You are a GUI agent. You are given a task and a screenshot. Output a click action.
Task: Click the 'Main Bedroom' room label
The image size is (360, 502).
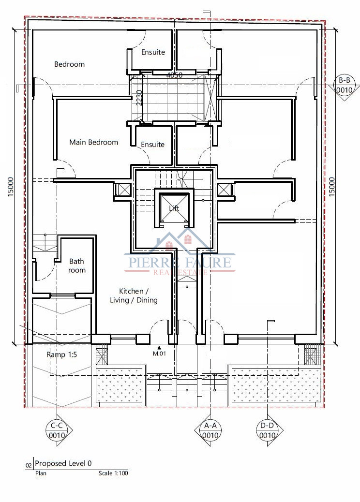click(93, 142)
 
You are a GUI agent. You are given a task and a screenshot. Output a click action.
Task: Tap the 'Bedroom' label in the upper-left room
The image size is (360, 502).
click(70, 64)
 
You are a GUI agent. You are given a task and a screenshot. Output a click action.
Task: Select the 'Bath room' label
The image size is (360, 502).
click(76, 266)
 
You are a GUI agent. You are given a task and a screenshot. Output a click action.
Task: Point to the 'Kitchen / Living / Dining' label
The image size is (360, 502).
click(134, 295)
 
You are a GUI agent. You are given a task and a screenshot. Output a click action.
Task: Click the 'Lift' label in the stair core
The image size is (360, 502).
click(174, 208)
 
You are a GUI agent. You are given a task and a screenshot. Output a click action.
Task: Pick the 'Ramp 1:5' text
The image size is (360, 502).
click(61, 354)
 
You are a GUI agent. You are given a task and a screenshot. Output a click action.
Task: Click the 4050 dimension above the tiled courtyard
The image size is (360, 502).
click(175, 75)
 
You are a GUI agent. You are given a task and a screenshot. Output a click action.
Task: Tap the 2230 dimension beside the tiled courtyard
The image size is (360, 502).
click(139, 98)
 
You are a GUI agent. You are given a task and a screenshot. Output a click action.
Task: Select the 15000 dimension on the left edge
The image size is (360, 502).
click(11, 187)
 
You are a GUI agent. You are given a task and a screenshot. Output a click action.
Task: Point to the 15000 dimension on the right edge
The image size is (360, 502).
click(332, 187)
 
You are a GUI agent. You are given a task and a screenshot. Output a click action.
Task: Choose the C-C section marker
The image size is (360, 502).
click(57, 430)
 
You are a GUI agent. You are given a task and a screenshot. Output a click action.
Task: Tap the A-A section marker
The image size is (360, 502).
click(210, 430)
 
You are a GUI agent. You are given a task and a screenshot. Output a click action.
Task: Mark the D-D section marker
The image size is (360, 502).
click(267, 430)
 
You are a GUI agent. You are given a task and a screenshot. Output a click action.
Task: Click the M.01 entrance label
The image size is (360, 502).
click(159, 354)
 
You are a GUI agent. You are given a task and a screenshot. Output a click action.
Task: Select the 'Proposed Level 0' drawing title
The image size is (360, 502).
click(63, 463)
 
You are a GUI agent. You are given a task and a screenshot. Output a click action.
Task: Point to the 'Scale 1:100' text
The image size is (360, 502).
click(113, 473)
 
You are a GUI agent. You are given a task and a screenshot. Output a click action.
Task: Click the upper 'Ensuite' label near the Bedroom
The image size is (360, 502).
click(153, 52)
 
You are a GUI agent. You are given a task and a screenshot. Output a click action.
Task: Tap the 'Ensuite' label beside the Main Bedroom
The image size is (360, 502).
click(153, 145)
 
